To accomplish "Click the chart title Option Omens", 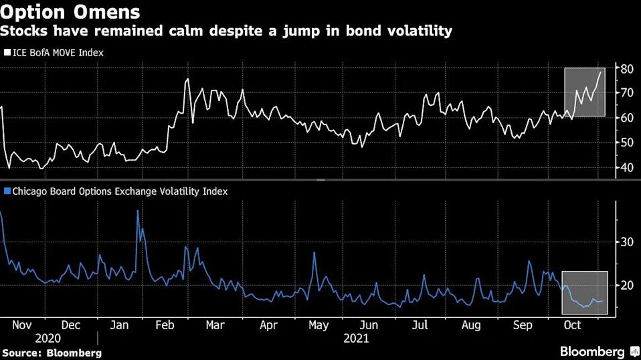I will [70, 12].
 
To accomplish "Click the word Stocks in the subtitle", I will [25, 31].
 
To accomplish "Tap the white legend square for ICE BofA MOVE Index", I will [7, 52].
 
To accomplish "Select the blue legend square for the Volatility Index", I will [7, 191].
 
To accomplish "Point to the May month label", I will [318, 325].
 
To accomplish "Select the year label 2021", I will [356, 339].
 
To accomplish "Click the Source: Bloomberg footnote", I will [52, 352].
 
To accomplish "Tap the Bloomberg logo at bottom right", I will [600, 351].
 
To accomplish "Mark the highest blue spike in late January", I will [138, 211].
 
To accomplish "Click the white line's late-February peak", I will [187, 79].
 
